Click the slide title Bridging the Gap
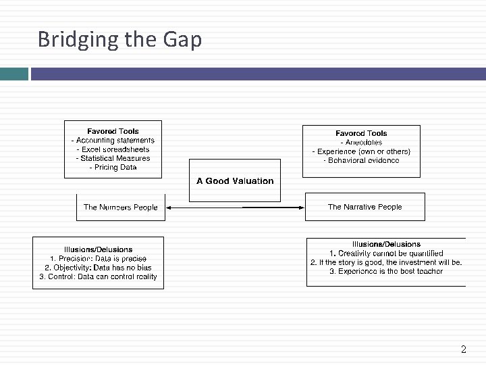(x=119, y=40)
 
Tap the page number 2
(x=463, y=349)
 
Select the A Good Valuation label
(x=235, y=181)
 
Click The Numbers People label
(x=120, y=208)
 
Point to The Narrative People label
(x=364, y=207)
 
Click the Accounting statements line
(x=113, y=141)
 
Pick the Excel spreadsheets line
(x=113, y=149)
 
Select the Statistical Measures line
(x=113, y=158)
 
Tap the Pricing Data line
(x=113, y=167)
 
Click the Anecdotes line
(x=361, y=143)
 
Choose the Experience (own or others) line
(x=361, y=151)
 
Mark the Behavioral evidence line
(x=361, y=160)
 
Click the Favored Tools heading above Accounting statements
(x=113, y=131)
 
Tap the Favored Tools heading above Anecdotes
(x=361, y=133)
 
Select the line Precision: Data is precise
(x=98, y=258)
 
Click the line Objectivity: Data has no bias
(x=98, y=267)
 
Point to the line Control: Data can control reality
(x=98, y=276)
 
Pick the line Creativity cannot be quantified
(x=386, y=253)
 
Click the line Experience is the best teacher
(x=386, y=271)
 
